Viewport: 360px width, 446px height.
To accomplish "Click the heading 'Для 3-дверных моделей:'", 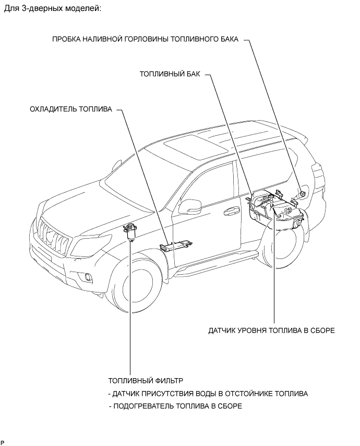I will point(52,9).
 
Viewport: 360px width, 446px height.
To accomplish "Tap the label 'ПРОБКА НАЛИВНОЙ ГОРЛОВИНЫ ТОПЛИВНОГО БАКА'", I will point(146,39).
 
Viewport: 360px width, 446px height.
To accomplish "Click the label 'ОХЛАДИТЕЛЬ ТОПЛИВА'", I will point(71,110).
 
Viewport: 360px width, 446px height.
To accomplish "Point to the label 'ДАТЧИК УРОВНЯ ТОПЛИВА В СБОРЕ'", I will point(271,331).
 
